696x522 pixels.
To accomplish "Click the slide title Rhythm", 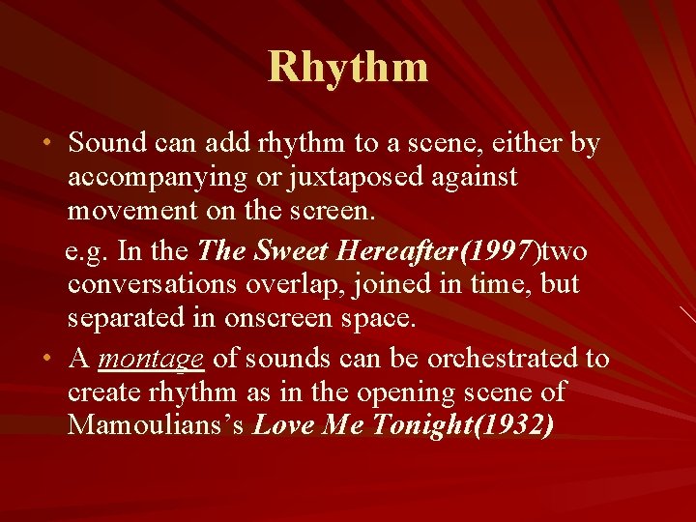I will click(x=348, y=67).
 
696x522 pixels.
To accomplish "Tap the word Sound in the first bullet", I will click(x=105, y=144).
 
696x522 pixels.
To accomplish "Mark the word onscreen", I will click(x=287, y=317).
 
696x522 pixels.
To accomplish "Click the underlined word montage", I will click(x=151, y=359).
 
